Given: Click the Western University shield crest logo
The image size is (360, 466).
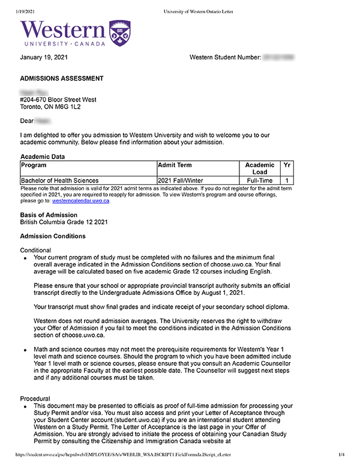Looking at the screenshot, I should [x=120, y=32].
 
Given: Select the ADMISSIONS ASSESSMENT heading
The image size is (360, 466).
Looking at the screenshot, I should [x=62, y=79].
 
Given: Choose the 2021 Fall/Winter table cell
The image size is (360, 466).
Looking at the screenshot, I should [x=182, y=180].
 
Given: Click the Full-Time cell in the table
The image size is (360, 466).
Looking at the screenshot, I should [x=260, y=180].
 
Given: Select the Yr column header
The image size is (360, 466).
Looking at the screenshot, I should [x=287, y=165].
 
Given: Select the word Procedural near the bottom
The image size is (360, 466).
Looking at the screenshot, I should [x=36, y=399].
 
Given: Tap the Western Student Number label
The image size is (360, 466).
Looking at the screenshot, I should [x=225, y=57].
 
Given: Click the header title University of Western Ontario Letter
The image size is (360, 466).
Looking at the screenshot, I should [x=198, y=11].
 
